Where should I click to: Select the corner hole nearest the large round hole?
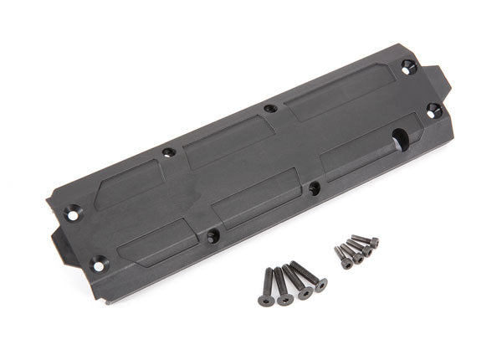(433, 109)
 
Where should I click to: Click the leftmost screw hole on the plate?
(73, 213)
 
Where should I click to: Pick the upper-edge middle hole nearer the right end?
(269, 108)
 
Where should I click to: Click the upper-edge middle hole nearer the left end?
(169, 152)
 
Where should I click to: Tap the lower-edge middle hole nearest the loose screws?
(314, 188)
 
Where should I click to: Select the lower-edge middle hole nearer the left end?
(212, 236)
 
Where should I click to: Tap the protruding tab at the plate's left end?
(60, 243)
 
